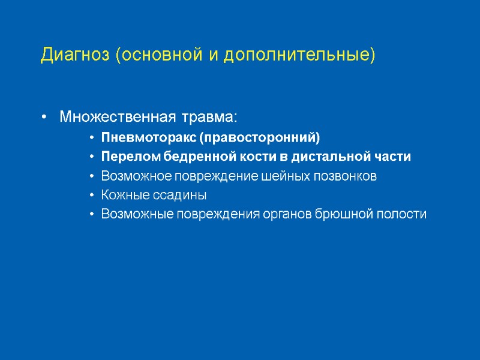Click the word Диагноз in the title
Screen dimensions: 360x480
[x=76, y=55]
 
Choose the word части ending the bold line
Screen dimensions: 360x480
[x=394, y=157]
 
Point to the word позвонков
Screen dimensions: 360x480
[x=344, y=176]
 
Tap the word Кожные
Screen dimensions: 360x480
[x=123, y=196]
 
